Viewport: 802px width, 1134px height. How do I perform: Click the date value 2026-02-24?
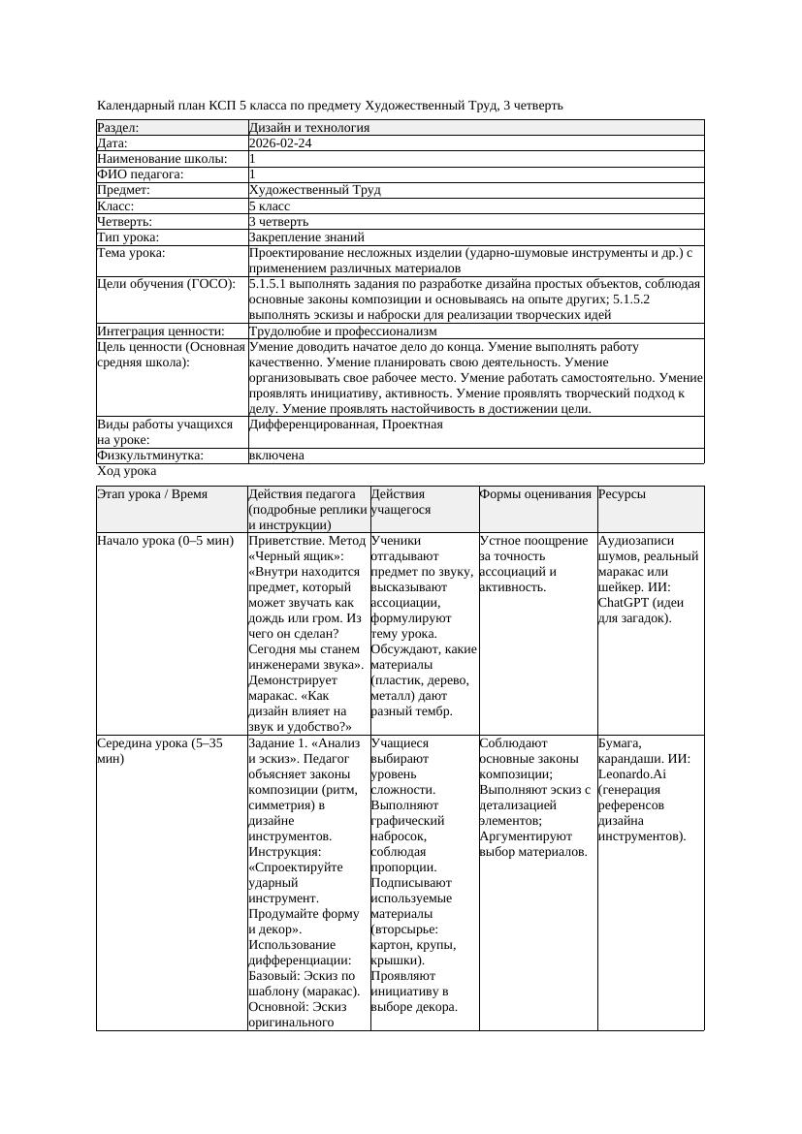tap(280, 143)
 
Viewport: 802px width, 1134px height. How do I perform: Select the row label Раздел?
tap(118, 128)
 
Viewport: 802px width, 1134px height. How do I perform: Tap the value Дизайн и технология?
tap(308, 128)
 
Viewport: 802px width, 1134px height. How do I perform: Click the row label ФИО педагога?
tap(141, 175)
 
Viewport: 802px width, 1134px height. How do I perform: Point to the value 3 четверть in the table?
tap(279, 222)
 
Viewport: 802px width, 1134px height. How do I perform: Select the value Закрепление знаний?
tap(306, 237)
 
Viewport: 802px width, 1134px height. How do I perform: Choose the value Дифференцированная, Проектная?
tap(345, 425)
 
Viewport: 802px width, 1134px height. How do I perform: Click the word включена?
tap(276, 456)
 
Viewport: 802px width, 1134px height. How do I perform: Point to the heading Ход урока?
tap(127, 471)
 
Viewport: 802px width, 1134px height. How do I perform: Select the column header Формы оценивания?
tap(535, 494)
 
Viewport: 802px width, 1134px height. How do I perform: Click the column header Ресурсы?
tap(622, 494)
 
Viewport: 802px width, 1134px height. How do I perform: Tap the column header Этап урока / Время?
tap(152, 494)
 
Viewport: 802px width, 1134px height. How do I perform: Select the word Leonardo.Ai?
tap(632, 774)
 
